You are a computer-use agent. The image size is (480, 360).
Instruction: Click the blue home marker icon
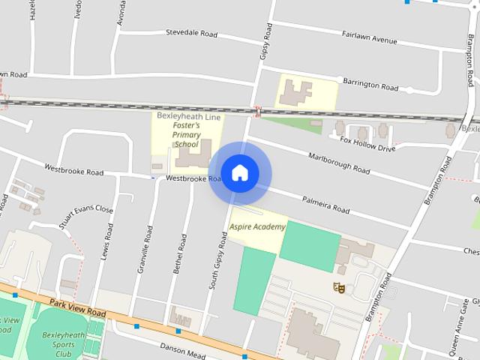[x=239, y=172]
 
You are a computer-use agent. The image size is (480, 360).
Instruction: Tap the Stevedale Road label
[x=191, y=34]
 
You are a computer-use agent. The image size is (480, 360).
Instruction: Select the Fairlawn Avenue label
[x=369, y=38]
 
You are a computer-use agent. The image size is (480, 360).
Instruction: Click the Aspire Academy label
[x=257, y=226]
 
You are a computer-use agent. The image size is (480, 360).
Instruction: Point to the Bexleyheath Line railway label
[x=188, y=115]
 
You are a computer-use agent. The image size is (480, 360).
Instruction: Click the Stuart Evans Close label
[x=86, y=217]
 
